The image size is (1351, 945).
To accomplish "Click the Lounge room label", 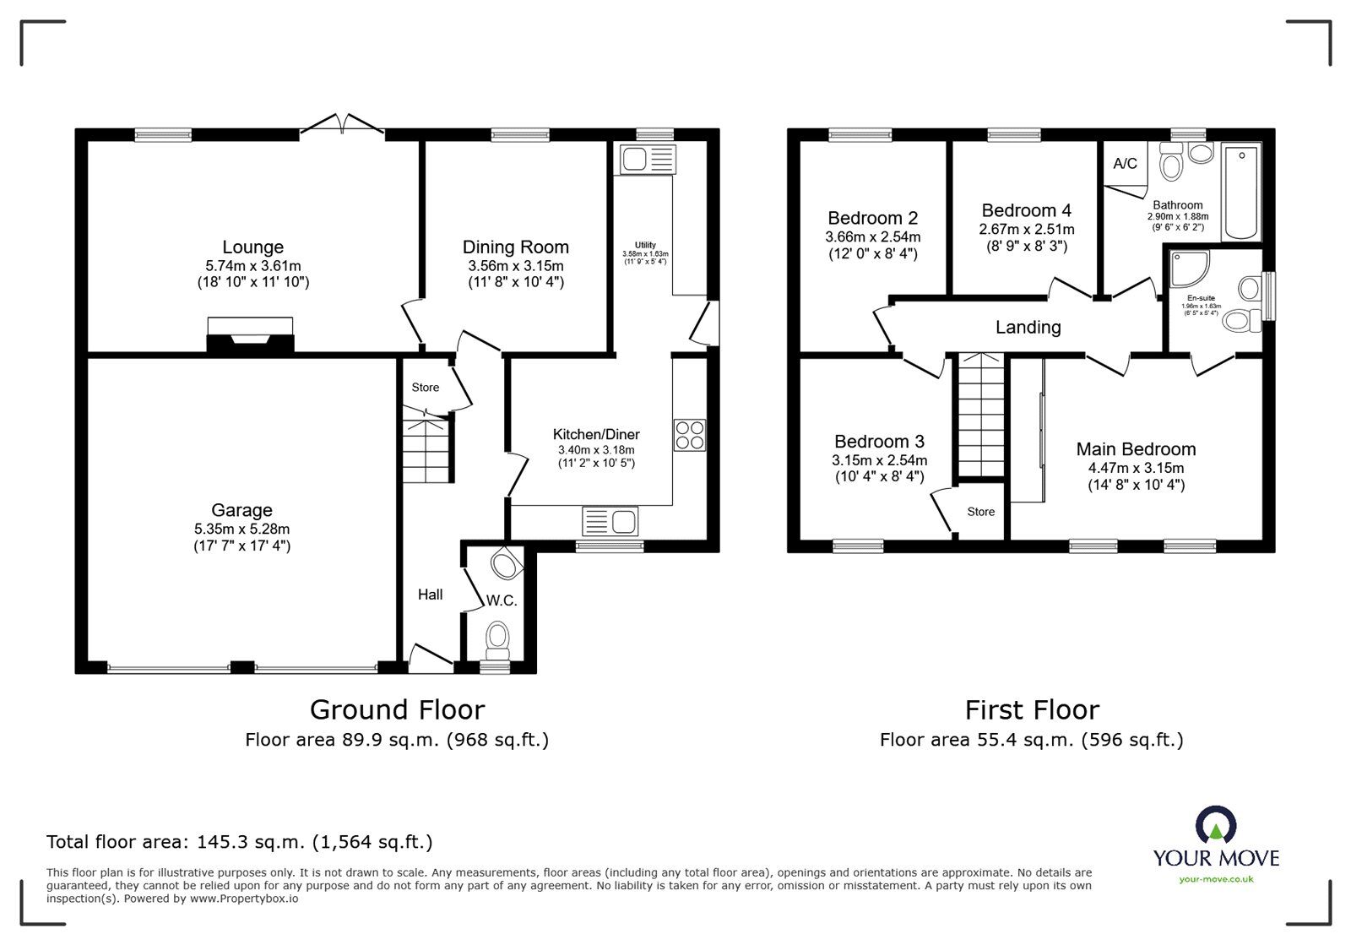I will [252, 247].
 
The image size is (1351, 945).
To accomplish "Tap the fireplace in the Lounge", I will [250, 337].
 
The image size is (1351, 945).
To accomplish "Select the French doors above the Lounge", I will [342, 125].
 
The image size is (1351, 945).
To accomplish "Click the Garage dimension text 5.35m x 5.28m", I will [241, 529].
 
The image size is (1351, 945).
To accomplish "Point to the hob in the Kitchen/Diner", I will [689, 435].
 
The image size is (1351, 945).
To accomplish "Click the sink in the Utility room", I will [648, 159].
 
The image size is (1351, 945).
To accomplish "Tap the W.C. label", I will [501, 601].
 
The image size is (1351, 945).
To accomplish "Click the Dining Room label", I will [515, 247].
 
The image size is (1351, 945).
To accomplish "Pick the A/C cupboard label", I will [1125, 164].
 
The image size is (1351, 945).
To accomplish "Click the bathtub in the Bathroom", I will [1241, 193].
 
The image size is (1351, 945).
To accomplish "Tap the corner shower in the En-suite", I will [1190, 269].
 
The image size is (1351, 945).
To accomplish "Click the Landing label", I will [1028, 328].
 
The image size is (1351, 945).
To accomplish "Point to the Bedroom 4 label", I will [1026, 211].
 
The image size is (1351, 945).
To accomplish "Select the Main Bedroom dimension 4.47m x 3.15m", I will [1136, 468].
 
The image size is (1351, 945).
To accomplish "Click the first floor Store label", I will [980, 512].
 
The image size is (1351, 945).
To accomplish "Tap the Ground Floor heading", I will [397, 709].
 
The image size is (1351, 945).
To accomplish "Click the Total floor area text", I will [240, 842].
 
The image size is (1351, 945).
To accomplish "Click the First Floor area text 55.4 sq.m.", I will [1031, 741].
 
